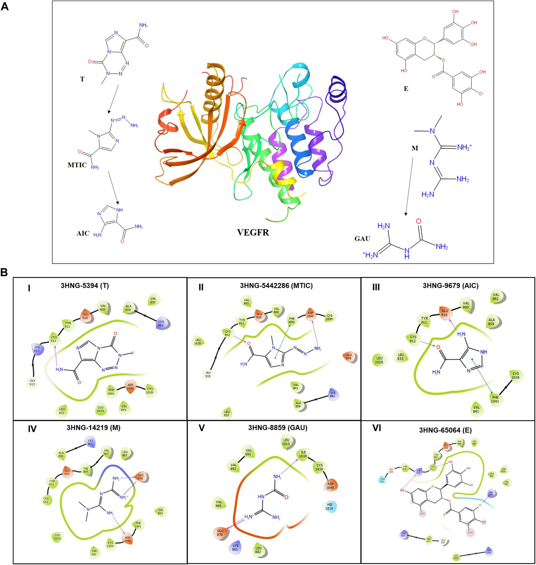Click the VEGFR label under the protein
point(253,232)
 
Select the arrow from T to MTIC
point(113,99)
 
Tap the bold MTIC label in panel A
point(77,165)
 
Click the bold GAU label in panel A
point(362,239)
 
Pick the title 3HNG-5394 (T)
point(85,286)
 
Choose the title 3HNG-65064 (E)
point(445,430)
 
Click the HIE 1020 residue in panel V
point(329,506)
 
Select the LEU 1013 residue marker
point(286,442)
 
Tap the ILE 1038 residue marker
point(303,454)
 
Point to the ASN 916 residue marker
point(383,480)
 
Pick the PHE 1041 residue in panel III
point(495,399)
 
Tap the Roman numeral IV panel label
point(32,429)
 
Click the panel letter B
point(4,272)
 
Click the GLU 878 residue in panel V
point(220,532)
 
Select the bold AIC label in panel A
point(83,233)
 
